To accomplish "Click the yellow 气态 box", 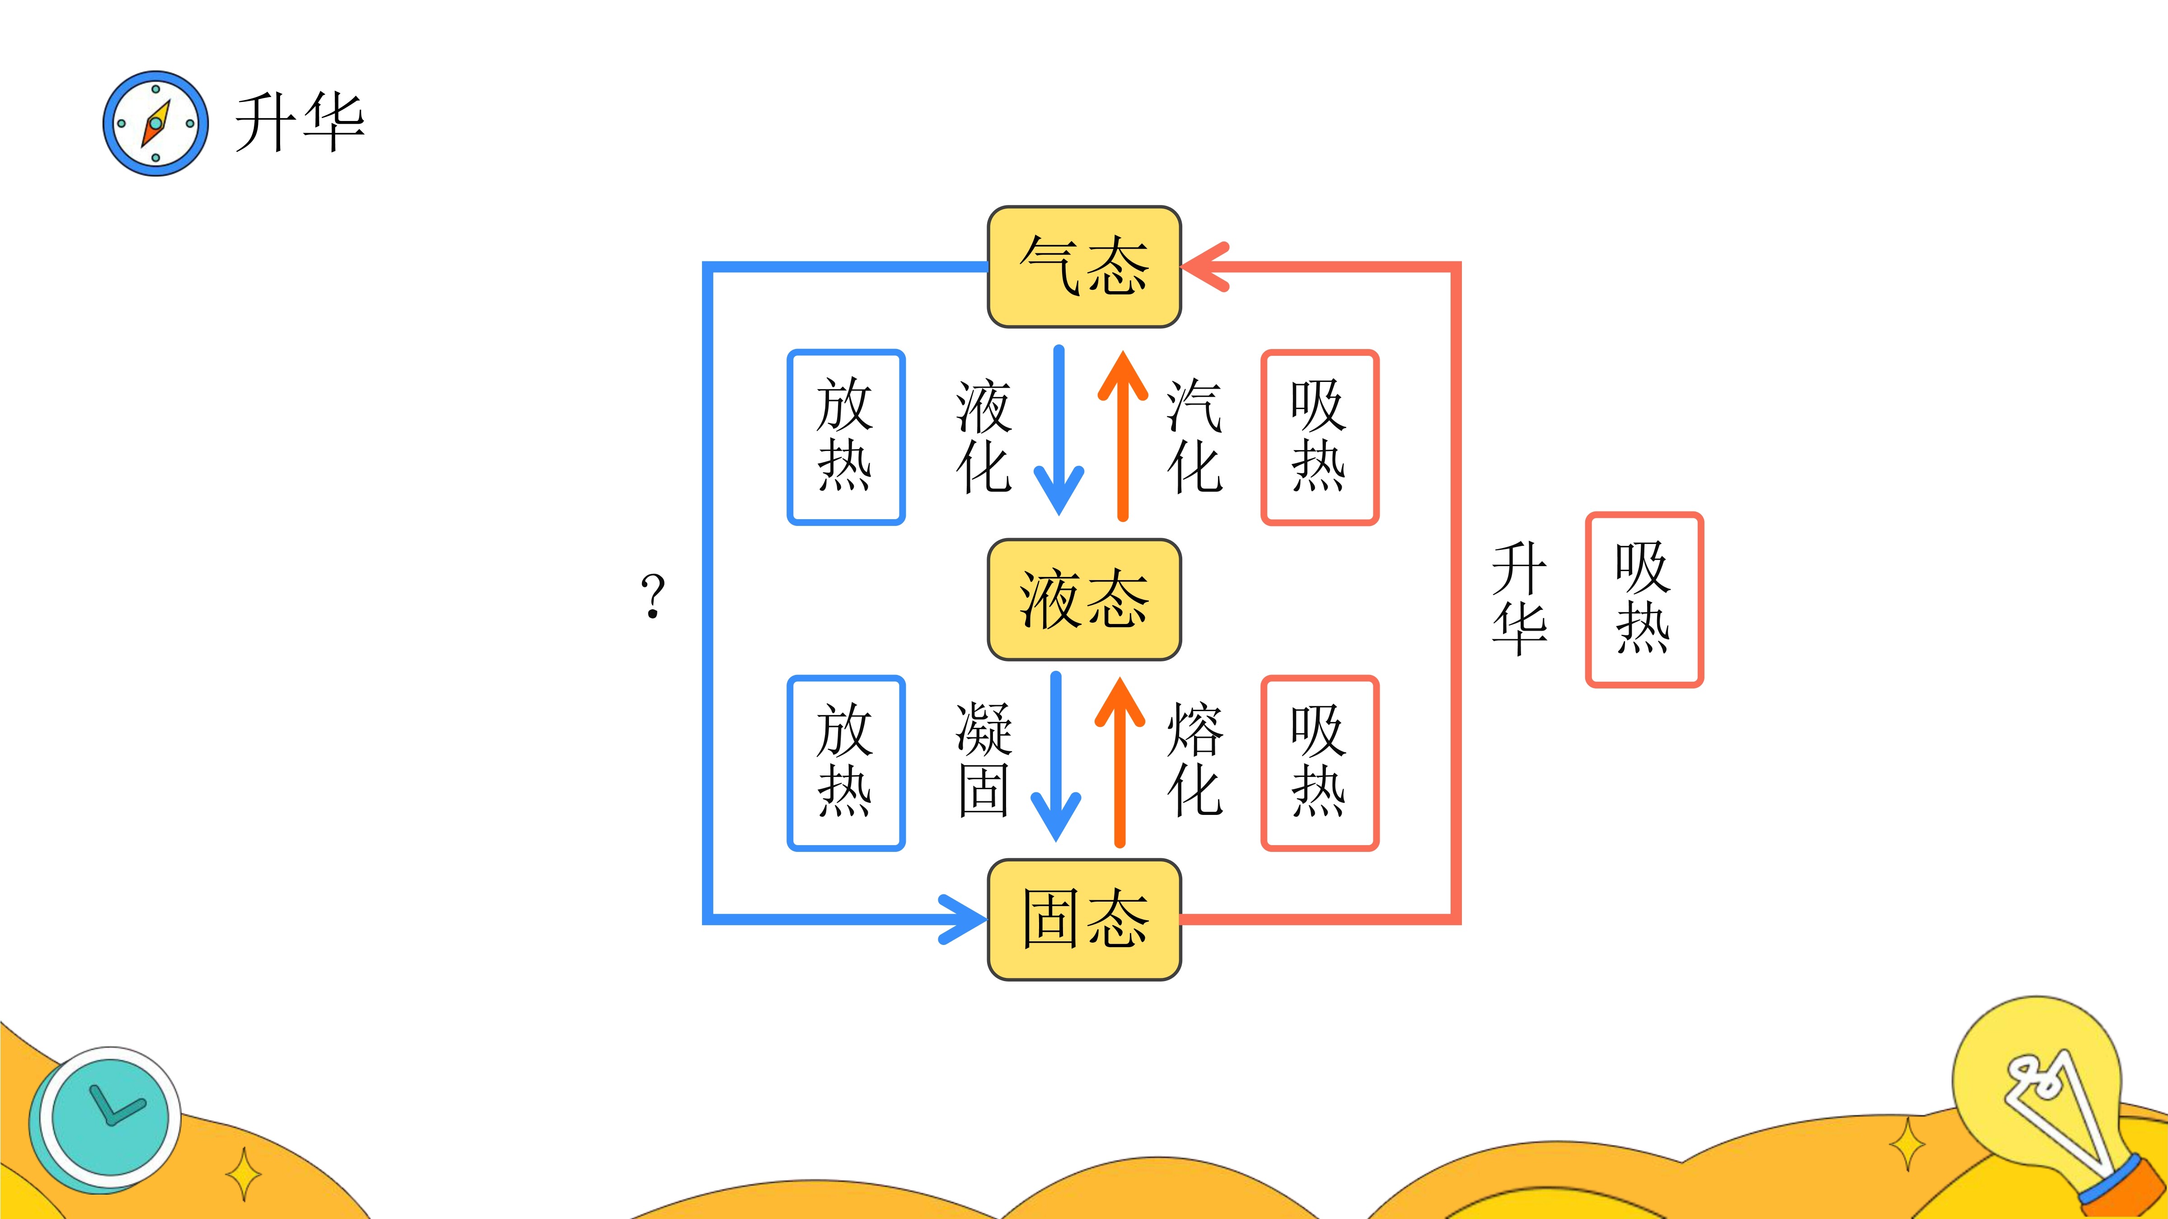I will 1084,267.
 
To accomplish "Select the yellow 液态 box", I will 1084,599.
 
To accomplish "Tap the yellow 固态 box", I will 1084,920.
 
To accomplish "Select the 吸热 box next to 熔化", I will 1320,762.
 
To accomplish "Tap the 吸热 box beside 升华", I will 1644,599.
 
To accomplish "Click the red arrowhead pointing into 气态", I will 1205,267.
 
